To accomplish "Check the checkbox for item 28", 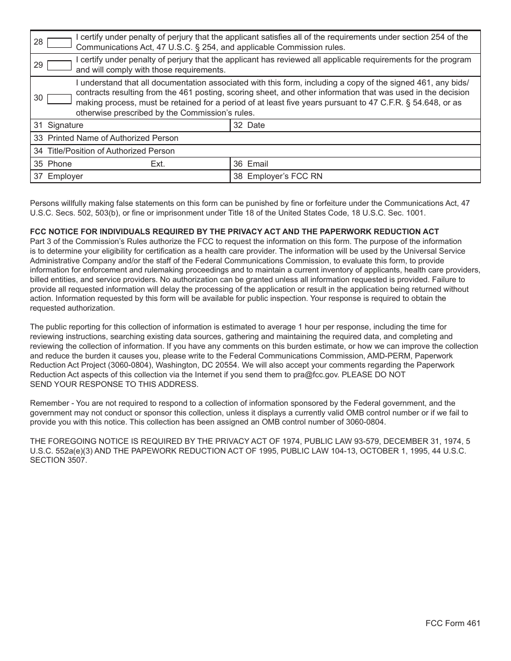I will (x=60, y=42).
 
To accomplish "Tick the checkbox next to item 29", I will (x=60, y=65).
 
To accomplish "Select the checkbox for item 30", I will (x=60, y=98).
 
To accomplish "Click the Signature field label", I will (x=65, y=125).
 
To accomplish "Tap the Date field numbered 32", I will (x=256, y=125).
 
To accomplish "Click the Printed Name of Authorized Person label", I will (x=113, y=138).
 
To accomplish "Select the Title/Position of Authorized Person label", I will (x=111, y=151).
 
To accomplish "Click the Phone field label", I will (x=59, y=164).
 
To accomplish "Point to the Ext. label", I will (x=158, y=164).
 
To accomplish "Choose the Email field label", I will (x=257, y=164).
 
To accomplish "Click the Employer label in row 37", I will (x=65, y=176).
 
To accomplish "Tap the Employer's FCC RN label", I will (x=285, y=176).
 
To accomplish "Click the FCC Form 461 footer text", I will (x=452, y=623).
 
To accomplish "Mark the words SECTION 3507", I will (x=58, y=461).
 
